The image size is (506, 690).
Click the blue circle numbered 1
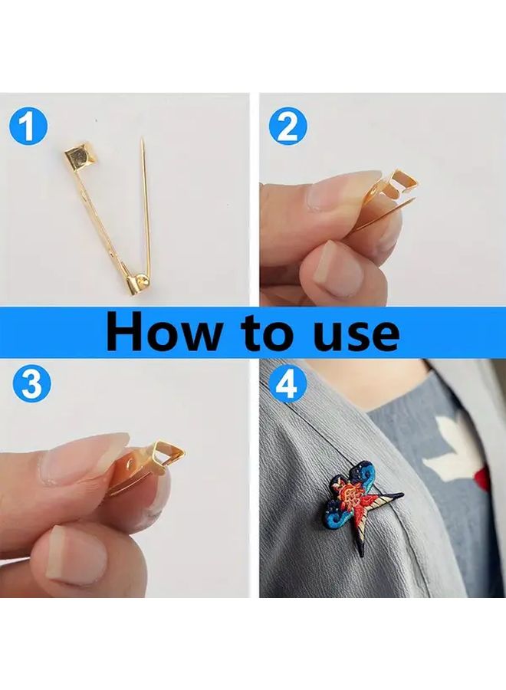tap(28, 127)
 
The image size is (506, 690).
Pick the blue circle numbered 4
tap(287, 383)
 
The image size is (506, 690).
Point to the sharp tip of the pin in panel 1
tap(142, 140)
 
